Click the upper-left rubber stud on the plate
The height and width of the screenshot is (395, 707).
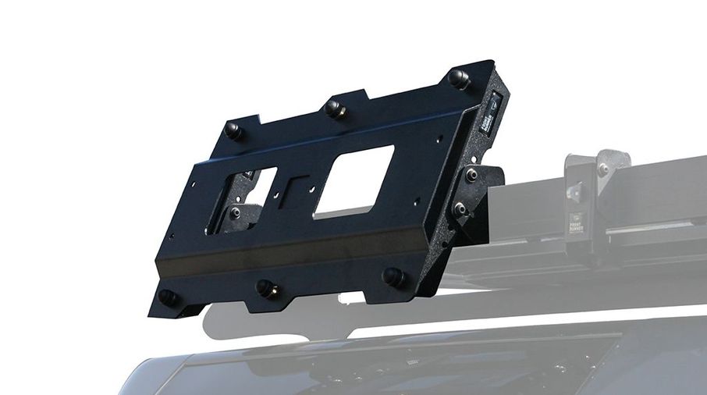(x=233, y=130)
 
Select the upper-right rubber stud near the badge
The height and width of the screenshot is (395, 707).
(x=459, y=78)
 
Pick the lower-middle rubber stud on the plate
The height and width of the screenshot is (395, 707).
(x=266, y=288)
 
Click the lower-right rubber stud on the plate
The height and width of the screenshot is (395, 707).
(x=394, y=276)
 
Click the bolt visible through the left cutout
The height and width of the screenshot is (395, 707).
(x=236, y=212)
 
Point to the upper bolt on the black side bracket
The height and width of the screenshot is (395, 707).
(x=471, y=174)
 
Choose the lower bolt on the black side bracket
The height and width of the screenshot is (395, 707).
(x=460, y=208)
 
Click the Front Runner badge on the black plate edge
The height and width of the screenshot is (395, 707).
(x=496, y=114)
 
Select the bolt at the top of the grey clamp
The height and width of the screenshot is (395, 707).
(x=602, y=168)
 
